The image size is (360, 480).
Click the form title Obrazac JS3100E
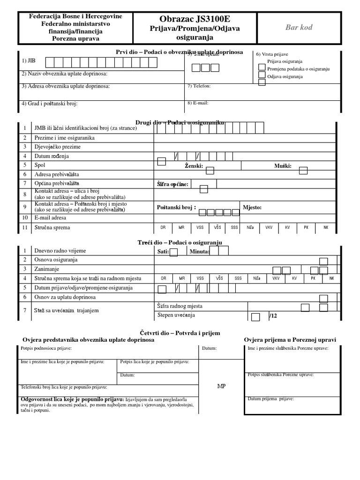click(x=195, y=19)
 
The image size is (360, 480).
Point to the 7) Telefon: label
click(x=199, y=86)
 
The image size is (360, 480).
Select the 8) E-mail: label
click(x=198, y=103)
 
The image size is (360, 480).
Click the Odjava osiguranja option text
click(x=285, y=76)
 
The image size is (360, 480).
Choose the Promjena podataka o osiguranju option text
click(x=298, y=69)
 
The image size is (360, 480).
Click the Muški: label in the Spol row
click(x=283, y=166)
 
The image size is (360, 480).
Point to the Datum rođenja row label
click(x=52, y=156)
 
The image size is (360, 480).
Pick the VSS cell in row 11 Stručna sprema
click(x=200, y=228)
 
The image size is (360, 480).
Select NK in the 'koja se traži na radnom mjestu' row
click(x=331, y=278)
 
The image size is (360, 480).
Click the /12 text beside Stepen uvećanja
click(x=273, y=316)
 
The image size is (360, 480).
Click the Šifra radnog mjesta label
click(x=180, y=306)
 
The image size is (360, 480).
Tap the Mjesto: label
click(x=252, y=208)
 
